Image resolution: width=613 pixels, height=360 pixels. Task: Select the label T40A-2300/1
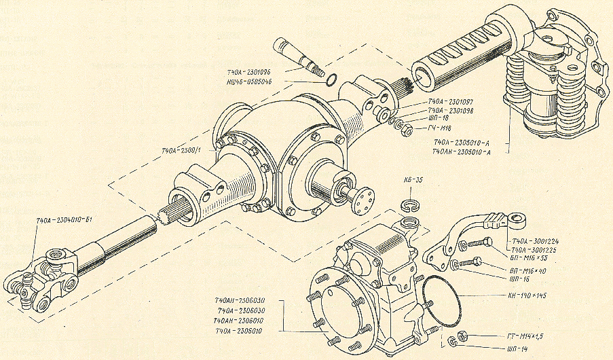tap(181, 150)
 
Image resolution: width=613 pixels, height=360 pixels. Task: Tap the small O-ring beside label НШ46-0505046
tap(331, 79)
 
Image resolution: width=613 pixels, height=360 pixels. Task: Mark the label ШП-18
tap(436, 118)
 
